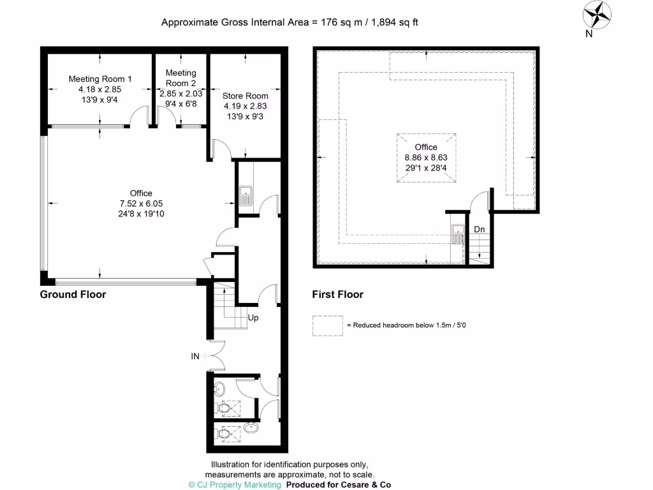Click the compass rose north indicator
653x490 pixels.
click(x=598, y=15)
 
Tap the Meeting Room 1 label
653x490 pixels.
click(x=100, y=79)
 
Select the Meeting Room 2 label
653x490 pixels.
click(x=180, y=78)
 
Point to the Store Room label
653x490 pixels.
click(x=245, y=96)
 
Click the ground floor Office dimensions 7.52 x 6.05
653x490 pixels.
click(x=141, y=204)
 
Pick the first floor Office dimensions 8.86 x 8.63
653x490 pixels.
click(x=426, y=157)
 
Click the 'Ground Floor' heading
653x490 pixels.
click(x=73, y=295)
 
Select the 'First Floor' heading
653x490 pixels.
click(x=337, y=295)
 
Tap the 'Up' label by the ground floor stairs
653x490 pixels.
click(x=253, y=318)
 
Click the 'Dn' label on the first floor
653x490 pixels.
click(x=478, y=229)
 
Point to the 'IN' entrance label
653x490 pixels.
click(x=195, y=357)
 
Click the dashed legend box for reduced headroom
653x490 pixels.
click(x=328, y=325)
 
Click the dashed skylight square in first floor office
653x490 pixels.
click(x=427, y=158)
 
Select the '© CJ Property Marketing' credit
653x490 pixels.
click(x=235, y=485)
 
